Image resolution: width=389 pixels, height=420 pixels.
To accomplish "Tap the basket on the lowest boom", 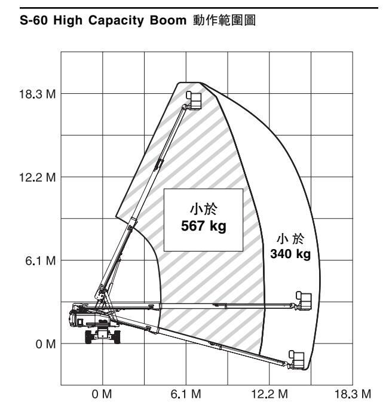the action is click(297, 358).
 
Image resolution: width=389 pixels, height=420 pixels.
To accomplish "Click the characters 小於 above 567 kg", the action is click(203, 211).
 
